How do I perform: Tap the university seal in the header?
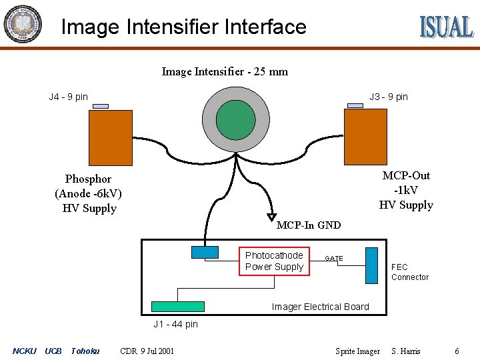pyautogui.click(x=22, y=25)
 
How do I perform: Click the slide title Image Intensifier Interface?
pyautogui.click(x=183, y=27)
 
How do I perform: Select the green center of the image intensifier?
pyautogui.click(x=236, y=119)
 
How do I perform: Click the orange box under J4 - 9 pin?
pyautogui.click(x=111, y=137)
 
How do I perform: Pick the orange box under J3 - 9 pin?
pyautogui.click(x=365, y=137)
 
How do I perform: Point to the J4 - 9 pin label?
pyautogui.click(x=68, y=97)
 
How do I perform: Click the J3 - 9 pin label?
pyautogui.click(x=389, y=97)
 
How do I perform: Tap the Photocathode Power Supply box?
pyautogui.click(x=275, y=261)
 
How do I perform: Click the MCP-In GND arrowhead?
pyautogui.click(x=272, y=217)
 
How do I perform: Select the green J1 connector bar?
pyautogui.click(x=177, y=307)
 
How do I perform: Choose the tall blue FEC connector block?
pyautogui.click(x=371, y=265)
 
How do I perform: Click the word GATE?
pyautogui.click(x=334, y=258)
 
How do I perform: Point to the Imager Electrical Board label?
pyautogui.click(x=320, y=307)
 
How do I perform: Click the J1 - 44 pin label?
pyautogui.click(x=175, y=325)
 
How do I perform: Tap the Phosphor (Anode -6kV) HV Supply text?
pyautogui.click(x=89, y=193)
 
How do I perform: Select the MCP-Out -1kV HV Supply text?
pyautogui.click(x=406, y=190)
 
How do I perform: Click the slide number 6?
pyautogui.click(x=457, y=351)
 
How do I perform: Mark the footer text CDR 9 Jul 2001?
pyautogui.click(x=147, y=351)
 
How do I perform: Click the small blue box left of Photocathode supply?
pyautogui.click(x=205, y=252)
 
